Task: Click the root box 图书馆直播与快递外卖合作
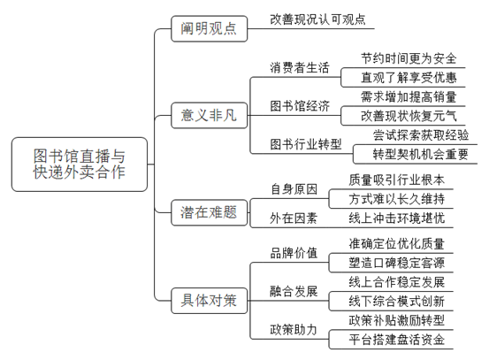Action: (x=80, y=165)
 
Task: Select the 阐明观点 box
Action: (x=209, y=28)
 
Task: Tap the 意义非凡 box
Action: (x=209, y=115)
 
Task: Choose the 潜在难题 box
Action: (x=209, y=212)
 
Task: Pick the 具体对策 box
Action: (x=209, y=301)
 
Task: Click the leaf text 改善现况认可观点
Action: (x=317, y=19)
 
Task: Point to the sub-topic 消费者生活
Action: (x=300, y=67)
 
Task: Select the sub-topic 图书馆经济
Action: (x=300, y=106)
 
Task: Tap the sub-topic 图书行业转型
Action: (x=306, y=144)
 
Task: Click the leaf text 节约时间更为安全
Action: (x=409, y=58)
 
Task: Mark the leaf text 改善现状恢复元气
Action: (x=409, y=116)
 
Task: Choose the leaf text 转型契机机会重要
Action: (x=421, y=154)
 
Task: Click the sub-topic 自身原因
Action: (x=294, y=189)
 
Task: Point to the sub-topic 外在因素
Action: (x=294, y=218)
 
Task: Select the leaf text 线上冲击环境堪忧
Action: (x=397, y=218)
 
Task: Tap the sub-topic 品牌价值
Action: (x=294, y=253)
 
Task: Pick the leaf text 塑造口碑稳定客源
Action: (x=397, y=263)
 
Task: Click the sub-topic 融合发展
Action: (x=294, y=291)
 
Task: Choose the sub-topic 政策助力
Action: (x=294, y=329)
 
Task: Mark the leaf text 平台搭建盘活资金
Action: (x=397, y=340)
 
